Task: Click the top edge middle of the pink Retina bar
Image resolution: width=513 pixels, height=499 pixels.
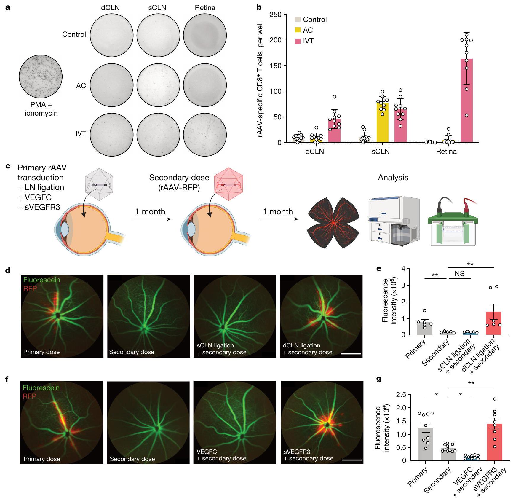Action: [x=466, y=59]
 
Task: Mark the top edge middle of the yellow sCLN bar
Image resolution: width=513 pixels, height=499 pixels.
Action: [x=382, y=103]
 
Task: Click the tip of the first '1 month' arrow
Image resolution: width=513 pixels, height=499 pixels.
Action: [x=171, y=219]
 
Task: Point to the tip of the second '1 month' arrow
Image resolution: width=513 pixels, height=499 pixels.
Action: [x=298, y=219]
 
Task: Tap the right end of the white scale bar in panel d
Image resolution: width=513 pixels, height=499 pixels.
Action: [x=361, y=354]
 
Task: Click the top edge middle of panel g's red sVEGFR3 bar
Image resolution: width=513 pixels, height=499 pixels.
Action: [x=494, y=424]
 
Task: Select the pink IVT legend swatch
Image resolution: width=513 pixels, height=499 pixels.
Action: [x=298, y=41]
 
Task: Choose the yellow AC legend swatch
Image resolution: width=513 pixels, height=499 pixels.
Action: [x=298, y=30]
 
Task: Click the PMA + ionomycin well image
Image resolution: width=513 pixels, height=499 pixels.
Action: [x=41, y=76]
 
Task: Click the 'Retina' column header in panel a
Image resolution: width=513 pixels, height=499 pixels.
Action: [x=205, y=8]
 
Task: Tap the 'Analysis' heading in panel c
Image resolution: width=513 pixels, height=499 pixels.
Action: [x=393, y=178]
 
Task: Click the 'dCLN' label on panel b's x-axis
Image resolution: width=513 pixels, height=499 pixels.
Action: [x=314, y=152]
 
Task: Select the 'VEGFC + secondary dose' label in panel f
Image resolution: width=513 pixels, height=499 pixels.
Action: [x=221, y=455]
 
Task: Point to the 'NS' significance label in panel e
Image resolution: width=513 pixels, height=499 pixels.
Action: [x=459, y=273]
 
